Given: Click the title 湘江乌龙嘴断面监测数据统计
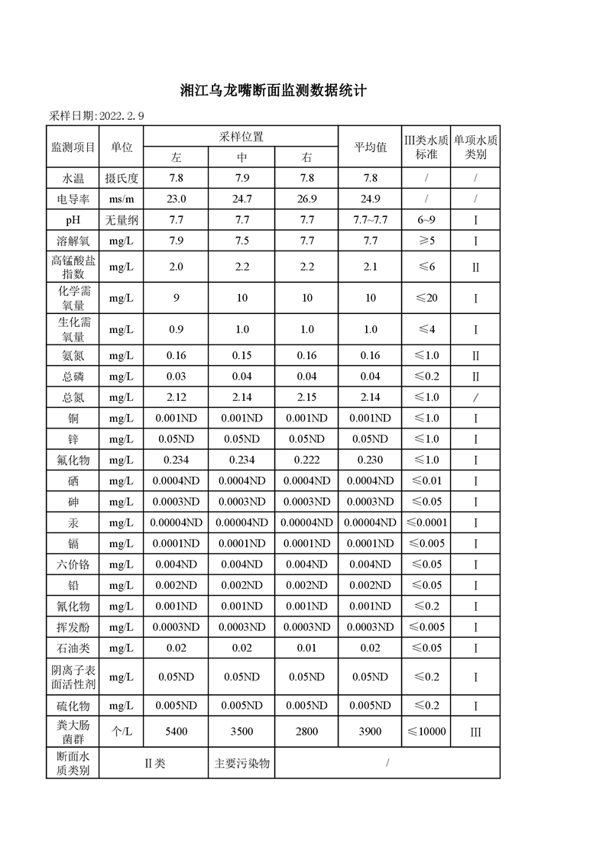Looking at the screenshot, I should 274,92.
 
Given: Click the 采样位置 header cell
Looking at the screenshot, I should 241,137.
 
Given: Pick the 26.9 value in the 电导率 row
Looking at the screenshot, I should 306,199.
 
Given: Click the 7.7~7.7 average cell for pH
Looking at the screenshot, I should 370,220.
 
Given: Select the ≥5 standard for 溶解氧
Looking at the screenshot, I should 426,241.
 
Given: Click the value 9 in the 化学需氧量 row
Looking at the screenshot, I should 176,298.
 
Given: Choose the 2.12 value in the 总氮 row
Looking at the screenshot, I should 176,397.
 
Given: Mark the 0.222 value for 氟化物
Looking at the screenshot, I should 306,460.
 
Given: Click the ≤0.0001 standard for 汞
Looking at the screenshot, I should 426,522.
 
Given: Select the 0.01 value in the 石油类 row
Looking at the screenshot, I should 306,648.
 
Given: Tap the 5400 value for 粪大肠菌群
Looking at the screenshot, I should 176,732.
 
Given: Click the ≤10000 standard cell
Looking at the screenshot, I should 426,732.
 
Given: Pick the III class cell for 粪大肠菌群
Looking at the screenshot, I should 475,732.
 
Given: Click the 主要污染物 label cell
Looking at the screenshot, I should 241,763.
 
